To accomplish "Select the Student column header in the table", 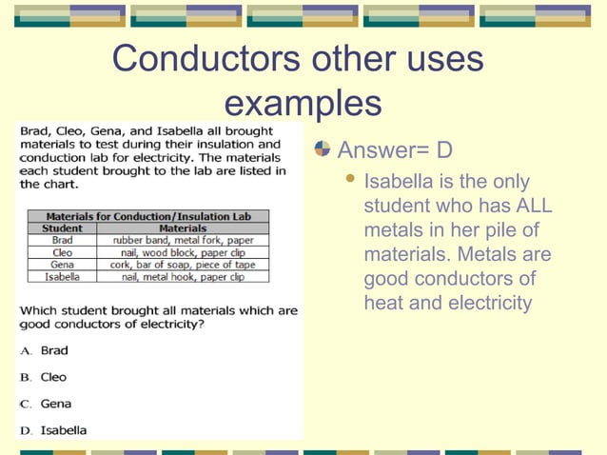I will (x=62, y=228).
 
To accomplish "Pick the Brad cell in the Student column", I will (x=62, y=241).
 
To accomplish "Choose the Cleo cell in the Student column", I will (x=62, y=253).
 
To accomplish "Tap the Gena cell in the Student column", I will (x=62, y=265).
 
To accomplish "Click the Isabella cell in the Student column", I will (x=62, y=277).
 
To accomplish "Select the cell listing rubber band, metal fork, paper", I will (x=183, y=241).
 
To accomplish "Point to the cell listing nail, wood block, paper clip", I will (x=183, y=253).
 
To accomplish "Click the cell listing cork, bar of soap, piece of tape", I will (x=183, y=265).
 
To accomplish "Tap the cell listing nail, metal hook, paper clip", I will (x=183, y=277).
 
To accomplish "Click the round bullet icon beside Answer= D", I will (x=323, y=149).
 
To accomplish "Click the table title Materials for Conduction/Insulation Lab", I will (x=147, y=216).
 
